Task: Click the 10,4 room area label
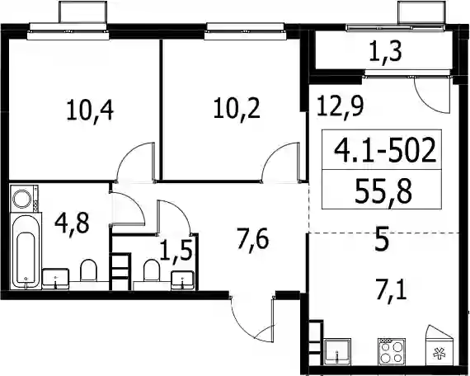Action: tap(90, 110)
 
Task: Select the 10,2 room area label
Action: tap(237, 109)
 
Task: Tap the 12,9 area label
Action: tap(341, 106)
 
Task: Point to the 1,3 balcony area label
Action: tap(385, 52)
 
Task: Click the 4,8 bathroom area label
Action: tap(72, 223)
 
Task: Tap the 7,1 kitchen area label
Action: tap(392, 289)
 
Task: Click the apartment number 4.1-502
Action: tap(385, 150)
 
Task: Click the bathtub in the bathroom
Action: tap(26, 251)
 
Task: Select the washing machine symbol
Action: tap(24, 199)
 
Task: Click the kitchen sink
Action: tap(337, 351)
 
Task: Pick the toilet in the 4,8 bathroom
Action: tap(89, 270)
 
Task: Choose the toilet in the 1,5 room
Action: tap(152, 270)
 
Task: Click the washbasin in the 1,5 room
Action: tap(182, 280)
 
